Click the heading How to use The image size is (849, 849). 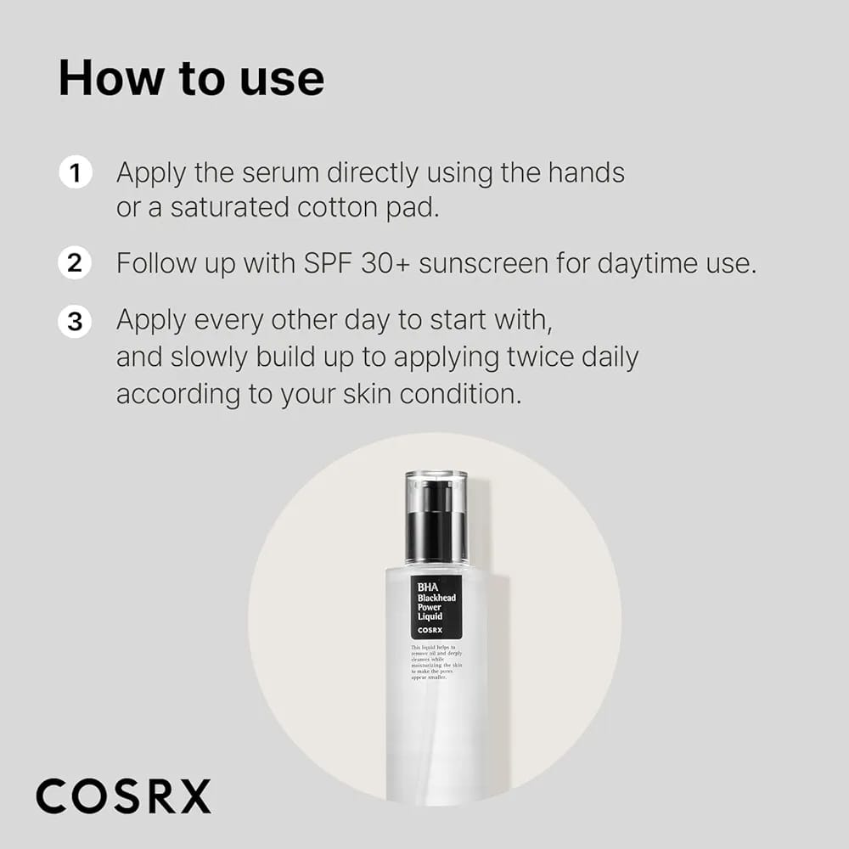(x=191, y=77)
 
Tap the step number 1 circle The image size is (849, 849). (x=75, y=173)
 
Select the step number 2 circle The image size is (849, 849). (x=75, y=263)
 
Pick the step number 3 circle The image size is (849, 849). (x=75, y=322)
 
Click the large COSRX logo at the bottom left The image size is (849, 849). (x=123, y=796)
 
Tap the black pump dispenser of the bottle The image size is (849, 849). (x=436, y=530)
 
